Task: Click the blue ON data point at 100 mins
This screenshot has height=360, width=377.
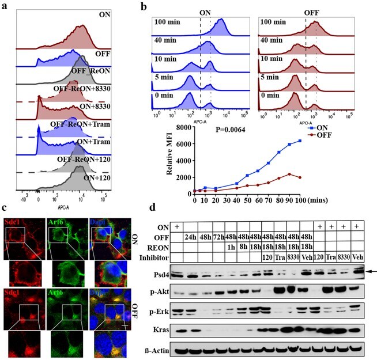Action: [299, 141]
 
